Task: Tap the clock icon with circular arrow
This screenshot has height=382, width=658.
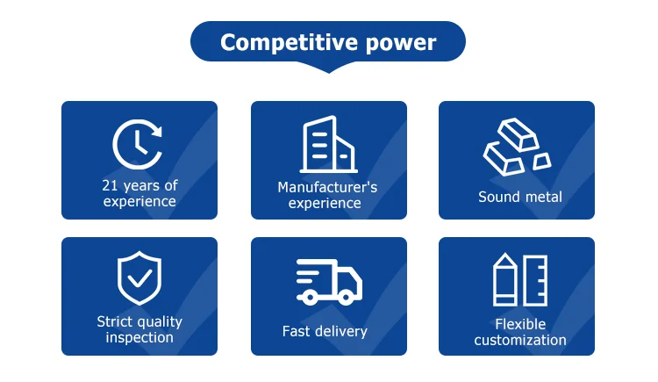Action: tap(139, 143)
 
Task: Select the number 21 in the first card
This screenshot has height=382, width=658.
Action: tap(110, 185)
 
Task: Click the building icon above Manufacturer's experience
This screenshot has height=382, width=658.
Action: tap(328, 145)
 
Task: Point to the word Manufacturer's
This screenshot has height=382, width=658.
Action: tap(327, 187)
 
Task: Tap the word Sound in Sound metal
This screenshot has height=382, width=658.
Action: tap(498, 197)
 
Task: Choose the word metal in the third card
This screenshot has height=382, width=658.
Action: tap(543, 197)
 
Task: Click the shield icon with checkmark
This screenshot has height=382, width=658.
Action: tap(139, 279)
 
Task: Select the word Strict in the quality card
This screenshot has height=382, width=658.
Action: tap(115, 321)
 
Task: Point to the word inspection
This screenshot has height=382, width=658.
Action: tap(139, 337)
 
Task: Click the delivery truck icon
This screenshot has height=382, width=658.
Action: tap(328, 282)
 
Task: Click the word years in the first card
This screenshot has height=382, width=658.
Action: tap(141, 185)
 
